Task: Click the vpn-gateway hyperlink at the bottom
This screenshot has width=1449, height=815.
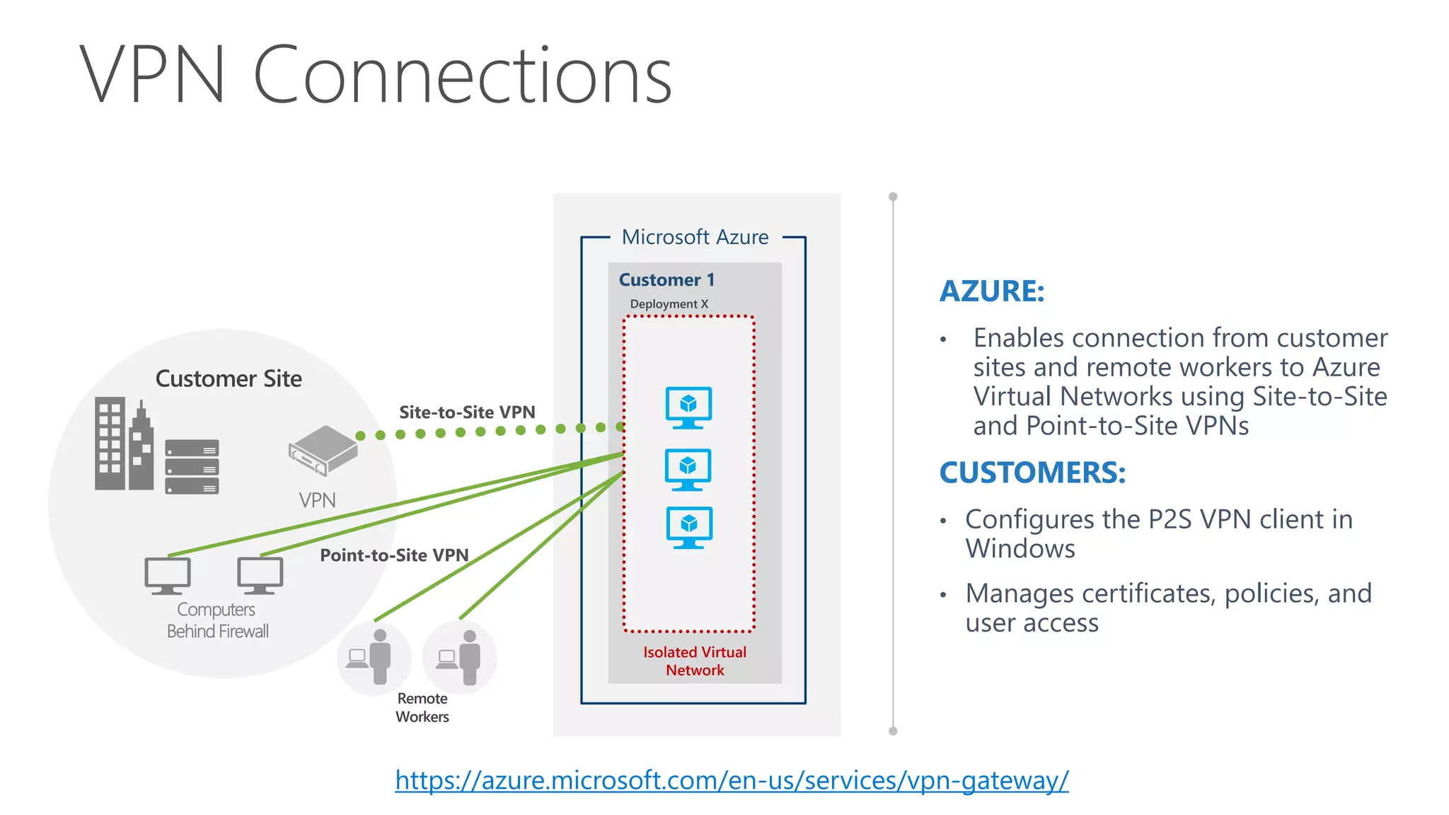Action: (732, 780)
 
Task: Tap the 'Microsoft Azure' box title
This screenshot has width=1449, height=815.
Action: (695, 237)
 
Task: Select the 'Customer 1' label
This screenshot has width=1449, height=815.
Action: (666, 280)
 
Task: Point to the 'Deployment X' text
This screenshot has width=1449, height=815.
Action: (669, 304)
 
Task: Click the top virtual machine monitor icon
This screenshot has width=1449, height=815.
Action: (688, 407)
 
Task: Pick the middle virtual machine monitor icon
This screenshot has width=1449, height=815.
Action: (688, 469)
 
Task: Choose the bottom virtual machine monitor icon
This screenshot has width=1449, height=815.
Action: (689, 527)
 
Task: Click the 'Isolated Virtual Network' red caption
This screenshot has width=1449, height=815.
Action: (695, 661)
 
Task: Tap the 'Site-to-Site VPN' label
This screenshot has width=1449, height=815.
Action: (467, 412)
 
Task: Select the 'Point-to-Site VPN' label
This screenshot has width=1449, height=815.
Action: (394, 555)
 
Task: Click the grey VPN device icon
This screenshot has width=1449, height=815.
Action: (323, 450)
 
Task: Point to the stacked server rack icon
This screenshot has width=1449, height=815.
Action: (192, 466)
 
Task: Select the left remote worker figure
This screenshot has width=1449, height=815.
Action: (374, 657)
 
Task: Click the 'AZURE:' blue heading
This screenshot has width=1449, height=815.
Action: (991, 291)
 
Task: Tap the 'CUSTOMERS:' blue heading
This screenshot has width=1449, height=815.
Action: (1032, 473)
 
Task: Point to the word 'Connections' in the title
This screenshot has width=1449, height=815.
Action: (462, 75)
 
